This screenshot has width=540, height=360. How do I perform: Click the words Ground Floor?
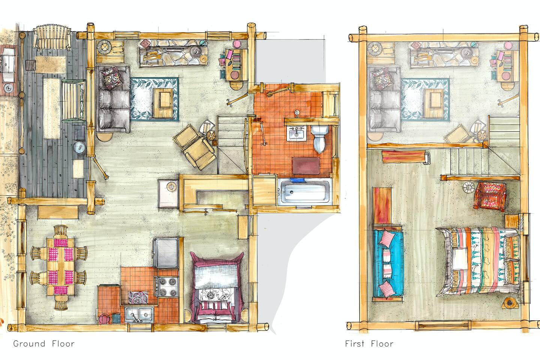coord(44,343)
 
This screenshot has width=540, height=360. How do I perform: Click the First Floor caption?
coord(369,343)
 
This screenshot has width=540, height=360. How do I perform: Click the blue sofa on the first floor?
coord(388,264)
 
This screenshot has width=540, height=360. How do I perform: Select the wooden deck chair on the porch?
coord(52,37)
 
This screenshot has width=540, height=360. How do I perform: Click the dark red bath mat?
coord(306,165)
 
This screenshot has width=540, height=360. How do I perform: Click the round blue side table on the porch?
coord(79,147)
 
